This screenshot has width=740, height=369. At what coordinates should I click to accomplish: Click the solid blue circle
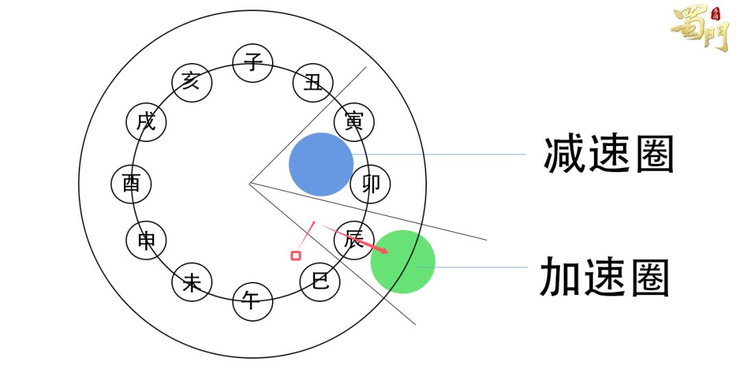321,165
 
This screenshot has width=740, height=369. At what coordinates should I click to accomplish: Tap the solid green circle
403,262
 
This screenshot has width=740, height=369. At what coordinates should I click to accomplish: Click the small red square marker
296,256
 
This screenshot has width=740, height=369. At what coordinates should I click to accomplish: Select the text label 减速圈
609,155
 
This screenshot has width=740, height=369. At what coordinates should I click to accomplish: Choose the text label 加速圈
605,277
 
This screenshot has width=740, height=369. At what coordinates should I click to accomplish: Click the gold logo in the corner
701,27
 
